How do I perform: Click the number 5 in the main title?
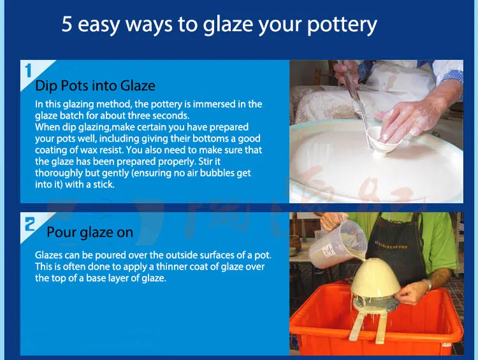coord(68,24)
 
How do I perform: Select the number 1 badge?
coord(27,70)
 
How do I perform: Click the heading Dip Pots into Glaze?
coord(95,85)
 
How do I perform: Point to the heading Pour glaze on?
coord(89,232)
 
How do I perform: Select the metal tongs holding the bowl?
coord(357,102)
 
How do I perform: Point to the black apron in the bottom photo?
coord(402,248)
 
